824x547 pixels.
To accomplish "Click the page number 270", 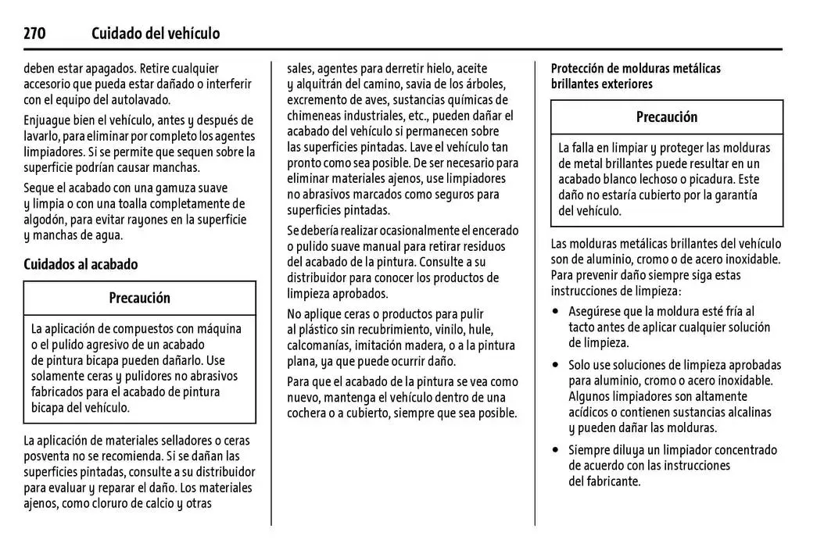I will click(x=35, y=34).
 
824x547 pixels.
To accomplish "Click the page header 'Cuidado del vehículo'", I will click(x=156, y=34).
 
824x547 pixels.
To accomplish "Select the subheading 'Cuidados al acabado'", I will click(x=81, y=264).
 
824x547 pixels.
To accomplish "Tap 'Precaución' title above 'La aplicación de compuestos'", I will click(x=139, y=298).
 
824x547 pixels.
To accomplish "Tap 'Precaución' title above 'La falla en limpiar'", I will click(x=667, y=117).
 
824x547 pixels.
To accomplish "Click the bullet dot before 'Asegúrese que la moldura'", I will click(x=556, y=311).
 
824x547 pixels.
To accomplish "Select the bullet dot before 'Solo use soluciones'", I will click(x=556, y=365).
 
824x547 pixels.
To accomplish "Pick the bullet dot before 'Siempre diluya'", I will click(x=556, y=450).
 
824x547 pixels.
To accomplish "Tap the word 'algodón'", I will click(x=45, y=220).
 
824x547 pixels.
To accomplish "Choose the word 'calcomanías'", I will click(x=319, y=345).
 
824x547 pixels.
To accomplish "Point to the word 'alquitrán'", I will click(x=321, y=84).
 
